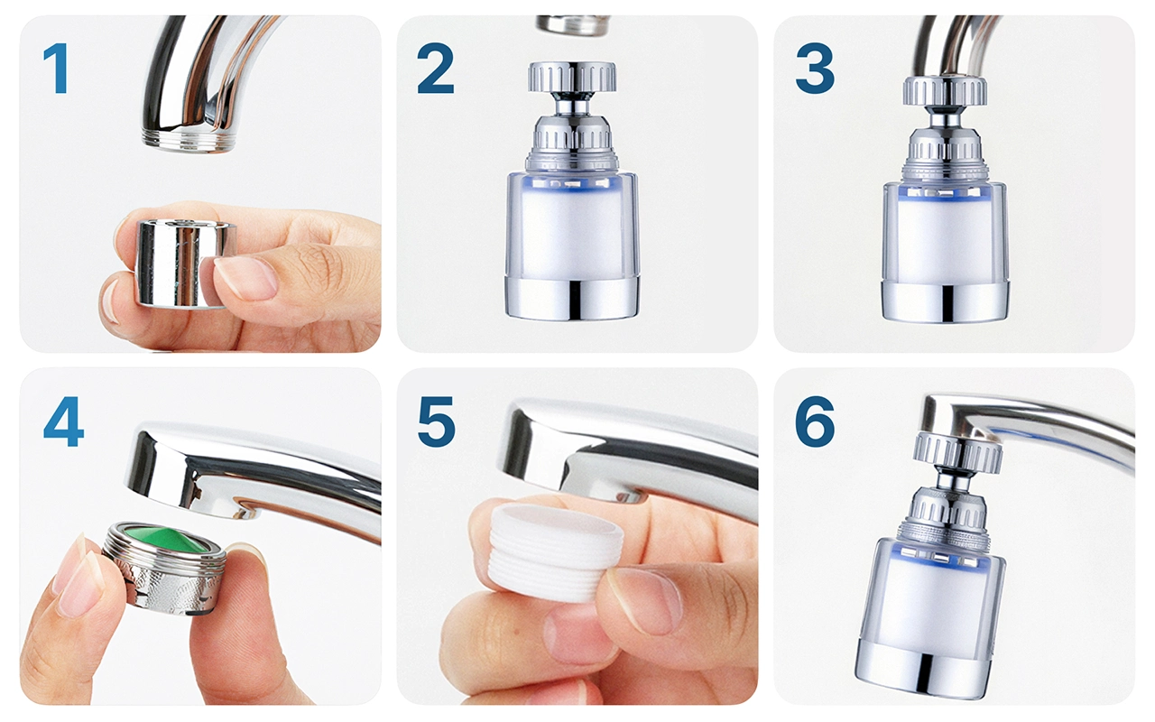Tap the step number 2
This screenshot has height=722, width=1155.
tap(436, 68)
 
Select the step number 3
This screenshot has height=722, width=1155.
tap(815, 68)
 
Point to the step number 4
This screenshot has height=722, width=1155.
tap(63, 421)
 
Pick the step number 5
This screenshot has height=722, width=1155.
tap(436, 421)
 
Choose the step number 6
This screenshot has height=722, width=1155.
tap(815, 421)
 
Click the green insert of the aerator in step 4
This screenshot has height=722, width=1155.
tap(166, 541)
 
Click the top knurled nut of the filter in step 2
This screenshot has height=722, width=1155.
tap(572, 78)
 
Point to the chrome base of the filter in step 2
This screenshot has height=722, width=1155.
tap(572, 298)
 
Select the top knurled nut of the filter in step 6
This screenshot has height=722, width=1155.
tap(957, 454)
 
